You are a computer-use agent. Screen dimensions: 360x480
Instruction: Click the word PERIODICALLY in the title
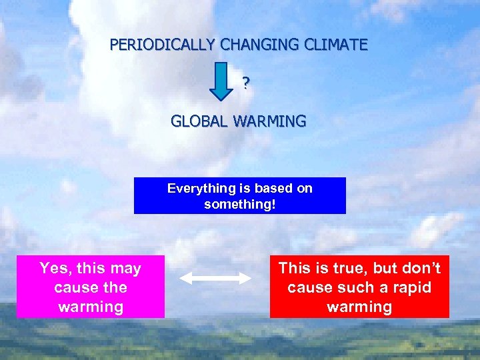tap(163, 45)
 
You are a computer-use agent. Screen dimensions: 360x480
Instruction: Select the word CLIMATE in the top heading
tap(337, 45)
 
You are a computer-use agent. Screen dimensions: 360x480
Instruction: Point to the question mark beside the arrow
tap(245, 83)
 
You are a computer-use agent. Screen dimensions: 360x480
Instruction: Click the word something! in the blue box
tap(239, 204)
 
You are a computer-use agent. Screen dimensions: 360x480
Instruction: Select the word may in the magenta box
tap(126, 269)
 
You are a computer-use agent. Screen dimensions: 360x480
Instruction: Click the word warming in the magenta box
tap(91, 307)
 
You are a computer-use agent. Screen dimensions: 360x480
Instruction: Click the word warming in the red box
tap(359, 307)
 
